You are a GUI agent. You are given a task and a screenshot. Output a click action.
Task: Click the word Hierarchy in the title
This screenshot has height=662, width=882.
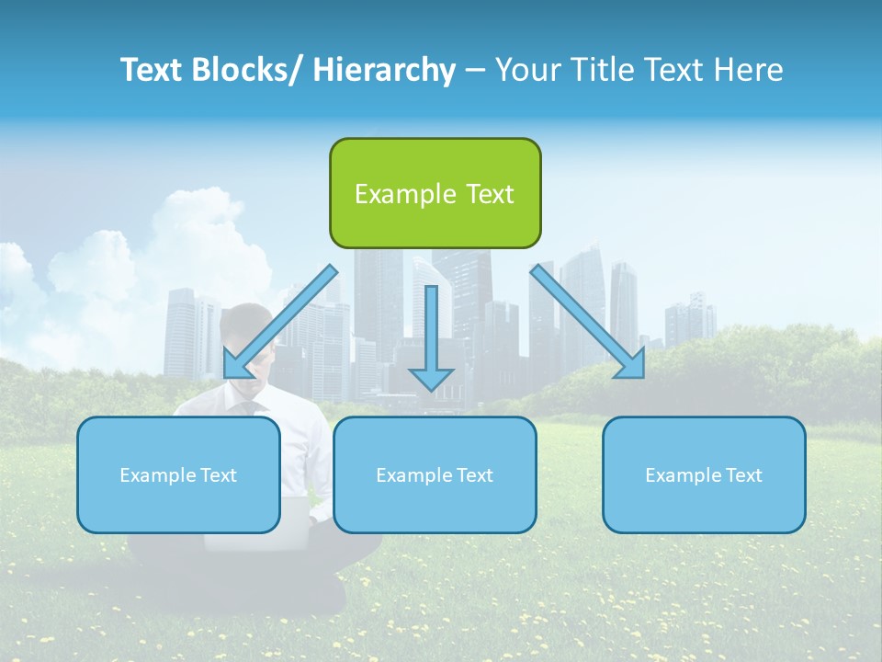[x=384, y=70]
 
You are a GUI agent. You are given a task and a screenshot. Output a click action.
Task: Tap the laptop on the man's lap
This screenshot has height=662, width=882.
[x=266, y=524]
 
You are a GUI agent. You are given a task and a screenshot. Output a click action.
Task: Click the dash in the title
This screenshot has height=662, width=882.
[x=475, y=70]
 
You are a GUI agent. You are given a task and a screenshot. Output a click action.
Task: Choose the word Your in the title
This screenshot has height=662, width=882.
[x=526, y=70]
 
